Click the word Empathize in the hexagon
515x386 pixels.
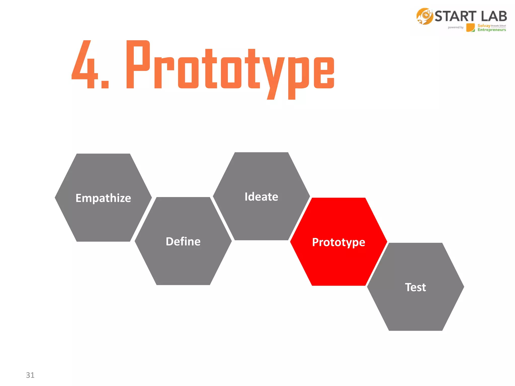pyautogui.click(x=103, y=198)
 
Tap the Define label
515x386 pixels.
pyautogui.click(x=183, y=242)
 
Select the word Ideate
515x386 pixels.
pyautogui.click(x=261, y=197)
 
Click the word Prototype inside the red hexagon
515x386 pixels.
pyautogui.click(x=338, y=242)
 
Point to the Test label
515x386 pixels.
pyautogui.click(x=415, y=287)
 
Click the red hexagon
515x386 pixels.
pyautogui.click(x=338, y=266)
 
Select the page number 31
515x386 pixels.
pyautogui.click(x=30, y=375)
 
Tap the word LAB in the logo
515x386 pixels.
pyautogui.click(x=494, y=16)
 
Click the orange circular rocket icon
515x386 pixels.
pyautogui.click(x=424, y=16)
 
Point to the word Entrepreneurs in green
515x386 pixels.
pyautogui.click(x=492, y=30)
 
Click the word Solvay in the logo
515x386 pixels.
pyautogui.click(x=484, y=26)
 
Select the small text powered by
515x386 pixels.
pyautogui.click(x=455, y=27)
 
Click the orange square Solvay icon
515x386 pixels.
pyautogui.click(x=470, y=27)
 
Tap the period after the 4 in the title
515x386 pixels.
pyautogui.click(x=105, y=85)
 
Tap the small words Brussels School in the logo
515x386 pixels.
pyautogui.click(x=498, y=26)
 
